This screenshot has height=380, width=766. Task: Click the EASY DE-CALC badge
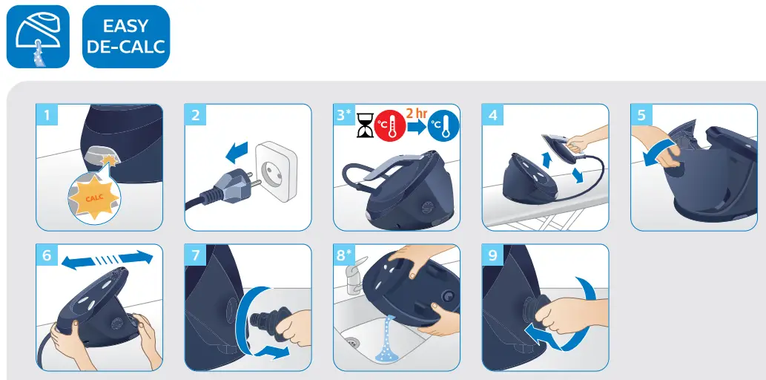tap(125, 37)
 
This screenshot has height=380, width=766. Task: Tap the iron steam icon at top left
tap(39, 37)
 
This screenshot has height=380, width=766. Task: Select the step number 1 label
tap(47, 116)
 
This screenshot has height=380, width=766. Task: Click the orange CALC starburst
tap(94, 197)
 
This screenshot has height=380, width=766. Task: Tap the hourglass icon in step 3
tap(364, 126)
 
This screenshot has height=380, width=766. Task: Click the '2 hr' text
tap(417, 113)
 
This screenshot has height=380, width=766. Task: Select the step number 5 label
tap(641, 116)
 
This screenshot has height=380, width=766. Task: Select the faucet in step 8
tap(354, 275)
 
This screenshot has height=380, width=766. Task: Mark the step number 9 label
tap(493, 256)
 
